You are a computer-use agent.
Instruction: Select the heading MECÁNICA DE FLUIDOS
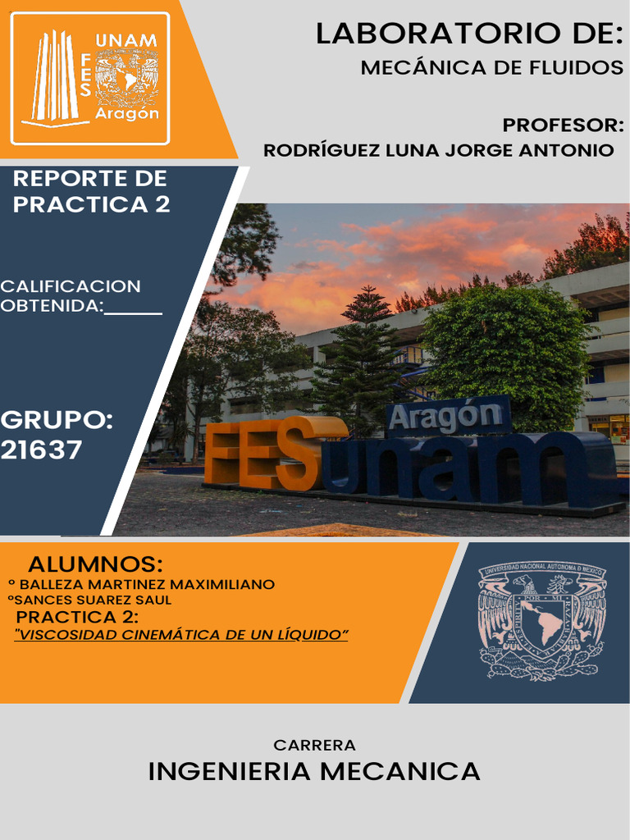(x=491, y=68)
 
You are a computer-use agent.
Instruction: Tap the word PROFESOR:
(x=563, y=126)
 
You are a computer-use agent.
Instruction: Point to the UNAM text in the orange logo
(x=126, y=40)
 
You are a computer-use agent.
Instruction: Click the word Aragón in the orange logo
(x=127, y=114)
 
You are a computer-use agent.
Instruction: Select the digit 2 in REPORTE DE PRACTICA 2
(x=162, y=204)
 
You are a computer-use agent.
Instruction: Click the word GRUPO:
(x=57, y=421)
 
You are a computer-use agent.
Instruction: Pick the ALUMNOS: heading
(x=95, y=565)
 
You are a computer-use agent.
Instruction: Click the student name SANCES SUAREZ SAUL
(x=92, y=600)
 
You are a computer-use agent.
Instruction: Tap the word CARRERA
(x=315, y=746)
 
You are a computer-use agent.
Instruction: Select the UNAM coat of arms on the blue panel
(x=541, y=621)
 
